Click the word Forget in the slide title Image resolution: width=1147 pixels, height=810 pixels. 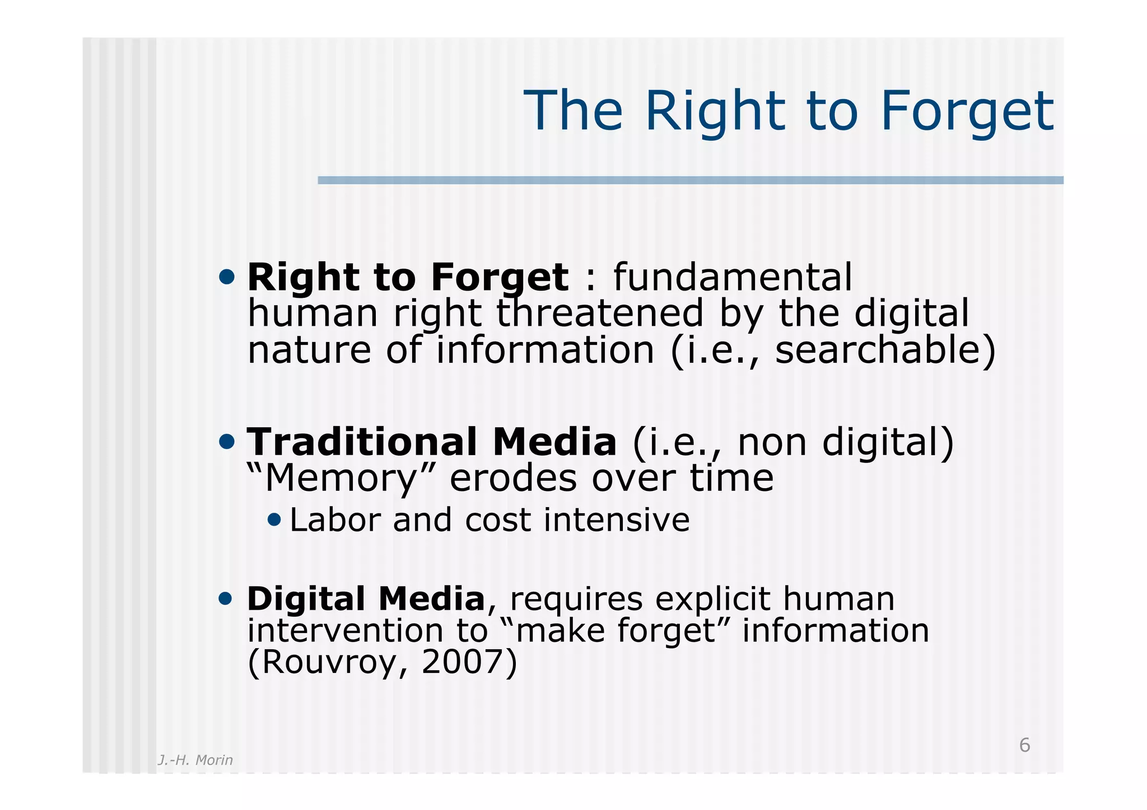point(967,112)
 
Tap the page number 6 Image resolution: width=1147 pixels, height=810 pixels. point(1024,745)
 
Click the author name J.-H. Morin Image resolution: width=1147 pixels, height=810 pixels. point(195,760)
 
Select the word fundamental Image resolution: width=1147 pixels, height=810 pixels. point(733,277)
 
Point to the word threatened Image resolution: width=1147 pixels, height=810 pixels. point(599,313)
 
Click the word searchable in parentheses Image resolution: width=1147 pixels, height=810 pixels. point(877,350)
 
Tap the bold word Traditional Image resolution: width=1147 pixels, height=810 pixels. point(362,442)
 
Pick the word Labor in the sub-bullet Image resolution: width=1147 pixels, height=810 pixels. point(335,520)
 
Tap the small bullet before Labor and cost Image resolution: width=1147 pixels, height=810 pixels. point(274,520)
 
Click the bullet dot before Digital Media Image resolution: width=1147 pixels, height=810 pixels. point(225,599)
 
